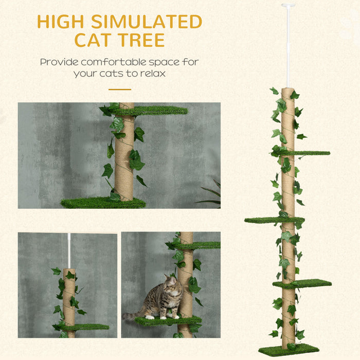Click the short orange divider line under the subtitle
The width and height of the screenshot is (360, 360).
(119, 89)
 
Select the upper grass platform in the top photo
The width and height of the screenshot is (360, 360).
(154, 110)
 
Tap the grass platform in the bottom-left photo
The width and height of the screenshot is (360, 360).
(85, 327)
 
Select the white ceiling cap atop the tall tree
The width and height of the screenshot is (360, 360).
(288, 6)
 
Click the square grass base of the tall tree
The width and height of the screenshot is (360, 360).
(288, 350)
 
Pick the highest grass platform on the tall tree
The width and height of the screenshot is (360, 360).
(309, 153)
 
